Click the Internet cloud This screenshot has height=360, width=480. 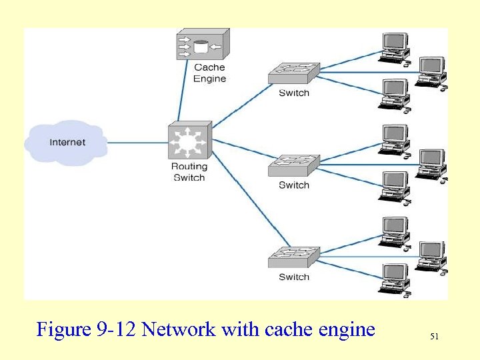click(67, 141)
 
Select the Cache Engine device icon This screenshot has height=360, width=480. click(202, 45)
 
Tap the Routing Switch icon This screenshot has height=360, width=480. click(189, 141)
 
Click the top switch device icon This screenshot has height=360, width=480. click(294, 73)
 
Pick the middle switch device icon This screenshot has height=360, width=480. click(294, 165)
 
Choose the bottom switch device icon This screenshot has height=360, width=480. click(294, 257)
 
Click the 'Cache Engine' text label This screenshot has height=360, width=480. click(209, 73)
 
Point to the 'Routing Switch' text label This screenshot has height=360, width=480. click(189, 172)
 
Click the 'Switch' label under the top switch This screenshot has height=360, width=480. click(294, 93)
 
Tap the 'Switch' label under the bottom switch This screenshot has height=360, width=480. click(294, 277)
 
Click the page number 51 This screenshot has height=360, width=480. click(434, 337)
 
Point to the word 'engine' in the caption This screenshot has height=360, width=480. click(344, 329)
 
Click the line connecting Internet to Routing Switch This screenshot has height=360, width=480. click(137, 142)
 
